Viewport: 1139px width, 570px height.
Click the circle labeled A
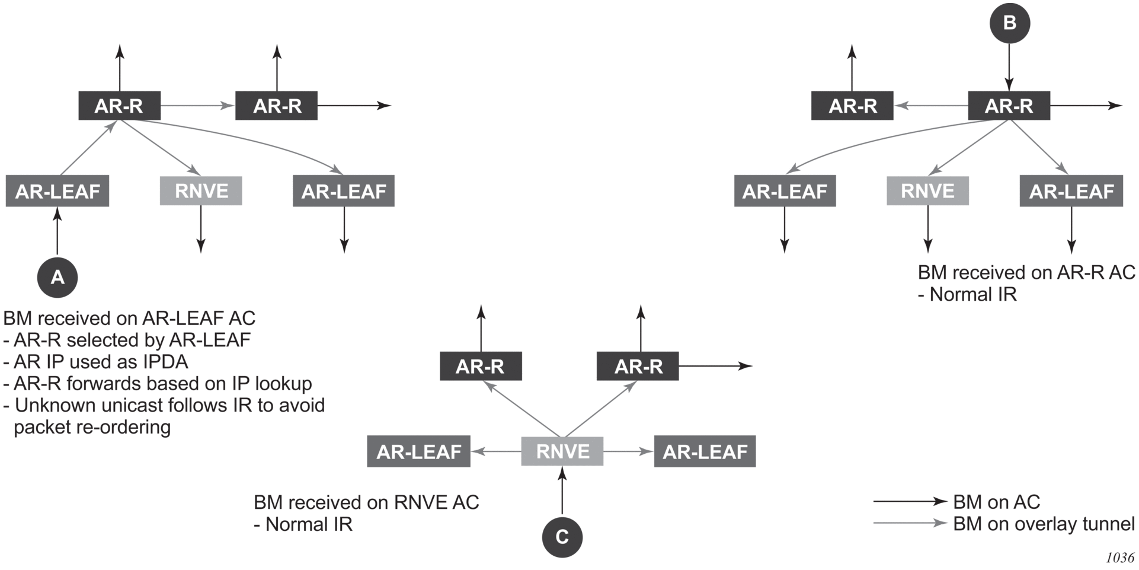[57, 277]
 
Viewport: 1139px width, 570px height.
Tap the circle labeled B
[1010, 23]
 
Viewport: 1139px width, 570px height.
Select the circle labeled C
[562, 537]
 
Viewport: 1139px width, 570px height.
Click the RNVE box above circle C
[562, 451]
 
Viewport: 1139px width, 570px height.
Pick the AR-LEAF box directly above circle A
[57, 191]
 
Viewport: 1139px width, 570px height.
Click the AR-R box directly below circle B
[1009, 106]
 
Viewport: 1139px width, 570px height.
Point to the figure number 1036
[1119, 558]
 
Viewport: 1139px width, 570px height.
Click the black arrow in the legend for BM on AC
[910, 501]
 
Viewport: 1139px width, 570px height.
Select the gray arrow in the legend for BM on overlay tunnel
[910, 523]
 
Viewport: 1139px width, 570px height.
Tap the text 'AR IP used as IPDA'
[96, 362]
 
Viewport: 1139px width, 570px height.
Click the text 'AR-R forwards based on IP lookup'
[158, 384]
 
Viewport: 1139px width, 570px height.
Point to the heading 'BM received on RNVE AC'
[366, 502]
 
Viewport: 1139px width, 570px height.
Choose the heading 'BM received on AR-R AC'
[1026, 272]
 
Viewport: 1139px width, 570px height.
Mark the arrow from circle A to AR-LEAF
[57, 231]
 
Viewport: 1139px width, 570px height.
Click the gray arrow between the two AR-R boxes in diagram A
[197, 106]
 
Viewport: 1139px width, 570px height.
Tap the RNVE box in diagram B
[927, 191]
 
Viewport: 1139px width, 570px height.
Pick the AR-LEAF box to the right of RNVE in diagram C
[705, 451]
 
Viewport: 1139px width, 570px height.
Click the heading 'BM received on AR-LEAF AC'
[129, 319]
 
